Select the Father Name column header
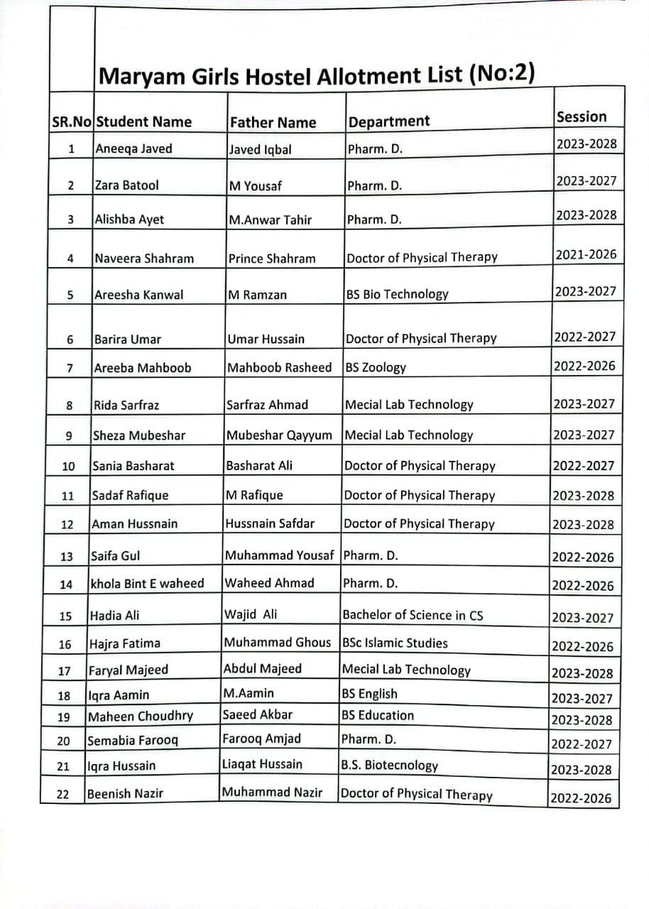272,122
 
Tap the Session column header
582,117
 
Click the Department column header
389,121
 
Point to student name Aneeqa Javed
133,149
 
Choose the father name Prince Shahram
272,258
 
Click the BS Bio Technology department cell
397,294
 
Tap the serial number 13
66,557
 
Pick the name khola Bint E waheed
147,584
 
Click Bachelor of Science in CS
413,615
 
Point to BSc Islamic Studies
395,643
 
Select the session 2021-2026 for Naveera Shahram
586,254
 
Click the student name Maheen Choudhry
140,716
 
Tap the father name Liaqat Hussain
262,764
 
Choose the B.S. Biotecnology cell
390,766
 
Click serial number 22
62,795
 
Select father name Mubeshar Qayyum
279,435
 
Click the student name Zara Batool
127,185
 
